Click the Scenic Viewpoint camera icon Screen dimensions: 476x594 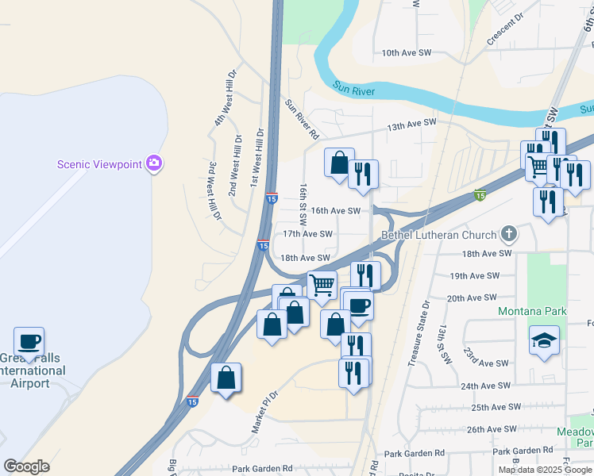(x=154, y=164)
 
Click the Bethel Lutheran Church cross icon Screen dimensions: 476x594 (x=509, y=234)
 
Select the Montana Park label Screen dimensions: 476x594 (x=532, y=311)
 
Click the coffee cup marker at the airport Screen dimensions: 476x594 (x=29, y=342)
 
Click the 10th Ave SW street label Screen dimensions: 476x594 (x=406, y=53)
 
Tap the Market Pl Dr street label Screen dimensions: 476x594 (x=265, y=410)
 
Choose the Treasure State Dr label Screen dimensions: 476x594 (x=418, y=332)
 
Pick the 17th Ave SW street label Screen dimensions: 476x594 (x=307, y=234)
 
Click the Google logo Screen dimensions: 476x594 (x=26, y=466)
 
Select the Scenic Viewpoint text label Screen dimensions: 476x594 (x=99, y=165)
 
